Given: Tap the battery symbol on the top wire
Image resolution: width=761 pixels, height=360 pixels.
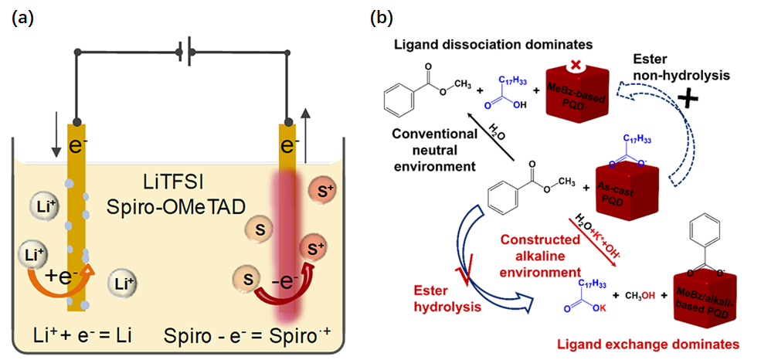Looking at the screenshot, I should coord(185,53).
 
